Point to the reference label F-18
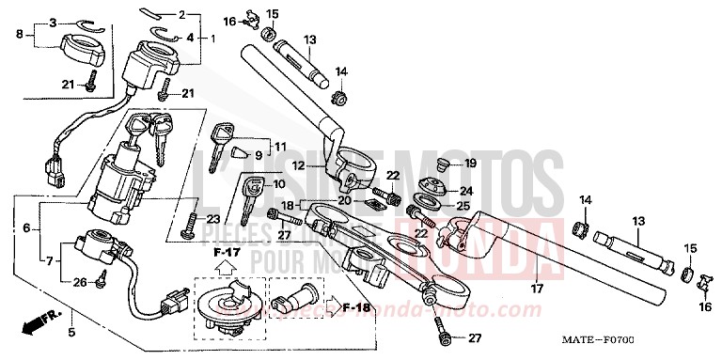point(356,306)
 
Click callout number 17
point(539,289)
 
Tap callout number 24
point(466,192)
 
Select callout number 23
point(213,218)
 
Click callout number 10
point(278,184)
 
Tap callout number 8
point(19,34)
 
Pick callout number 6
point(25,228)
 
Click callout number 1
point(212,39)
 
